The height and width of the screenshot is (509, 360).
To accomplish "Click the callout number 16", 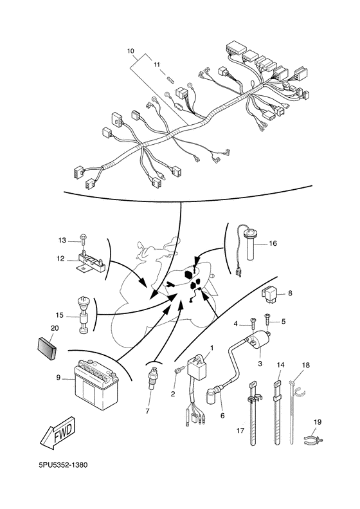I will pyautogui.click(x=273, y=243).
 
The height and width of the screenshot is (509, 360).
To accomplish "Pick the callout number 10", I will pyautogui.click(x=130, y=50).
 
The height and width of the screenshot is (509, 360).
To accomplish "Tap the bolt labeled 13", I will pyautogui.click(x=84, y=240).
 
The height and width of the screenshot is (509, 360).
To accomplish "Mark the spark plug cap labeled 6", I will pyautogui.click(x=212, y=394).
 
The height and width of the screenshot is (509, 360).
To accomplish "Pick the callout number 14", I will pyautogui.click(x=280, y=365).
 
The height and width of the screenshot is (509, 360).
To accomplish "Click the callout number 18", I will pyautogui.click(x=306, y=365).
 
